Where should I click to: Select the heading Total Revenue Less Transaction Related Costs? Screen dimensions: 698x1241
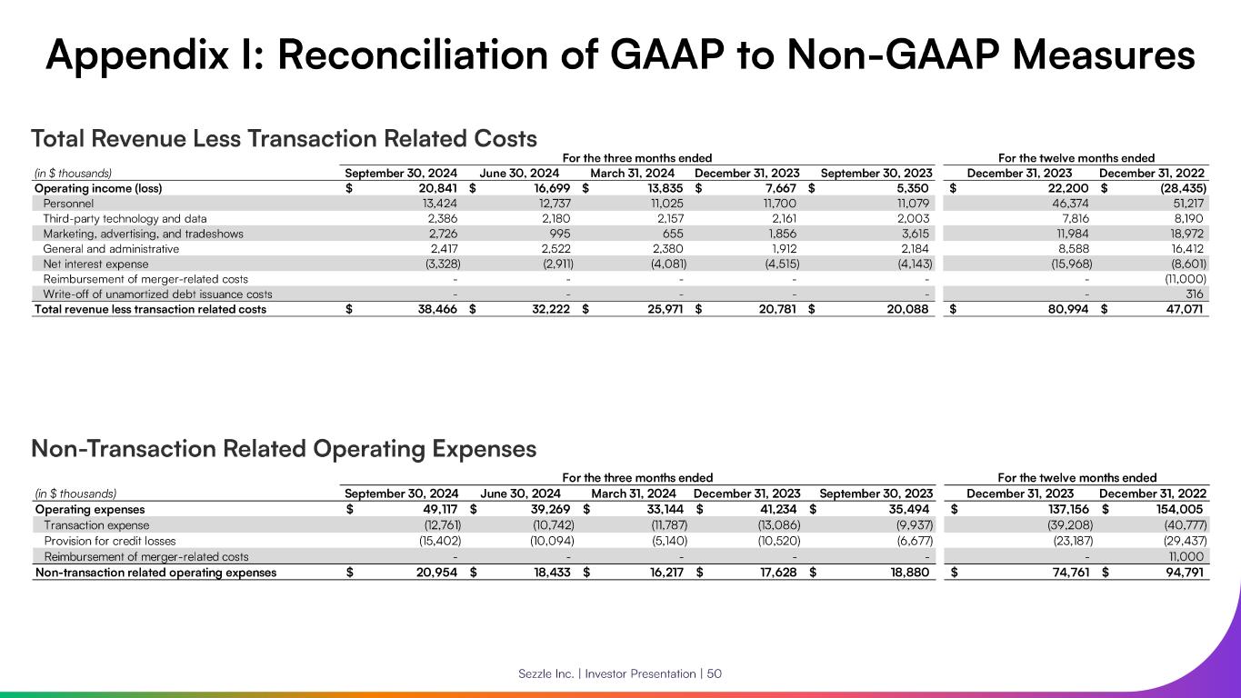pyautogui.click(x=284, y=139)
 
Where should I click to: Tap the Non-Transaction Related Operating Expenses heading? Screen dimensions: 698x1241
pyautogui.click(x=284, y=449)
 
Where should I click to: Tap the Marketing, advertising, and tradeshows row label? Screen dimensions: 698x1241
pyautogui.click(x=143, y=234)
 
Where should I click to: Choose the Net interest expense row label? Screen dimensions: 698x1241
pyautogui.click(x=95, y=264)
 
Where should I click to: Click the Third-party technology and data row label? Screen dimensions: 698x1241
pyautogui.click(x=125, y=218)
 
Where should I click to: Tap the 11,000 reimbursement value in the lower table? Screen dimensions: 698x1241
pyautogui.click(x=1186, y=556)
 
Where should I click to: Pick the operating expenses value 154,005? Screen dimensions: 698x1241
pyautogui.click(x=1180, y=510)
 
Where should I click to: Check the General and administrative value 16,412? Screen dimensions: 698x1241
pyautogui.click(x=1186, y=248)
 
